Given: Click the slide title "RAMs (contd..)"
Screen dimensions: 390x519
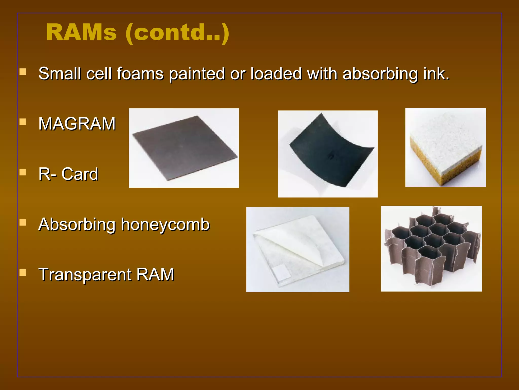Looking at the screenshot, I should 138,32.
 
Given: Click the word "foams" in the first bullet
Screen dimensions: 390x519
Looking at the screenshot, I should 140,74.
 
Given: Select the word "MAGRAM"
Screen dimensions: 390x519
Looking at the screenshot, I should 77,124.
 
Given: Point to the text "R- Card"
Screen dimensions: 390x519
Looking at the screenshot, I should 68,174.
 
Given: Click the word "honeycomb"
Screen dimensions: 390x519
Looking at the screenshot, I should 165,224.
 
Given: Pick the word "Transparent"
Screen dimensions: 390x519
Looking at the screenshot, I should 85,275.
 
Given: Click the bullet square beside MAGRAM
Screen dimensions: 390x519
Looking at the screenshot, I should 23,122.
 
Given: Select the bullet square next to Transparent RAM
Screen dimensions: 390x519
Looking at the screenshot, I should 23,273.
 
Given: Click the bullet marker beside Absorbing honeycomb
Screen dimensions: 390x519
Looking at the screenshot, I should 23,223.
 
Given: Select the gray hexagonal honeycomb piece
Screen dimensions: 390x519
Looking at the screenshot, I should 431,244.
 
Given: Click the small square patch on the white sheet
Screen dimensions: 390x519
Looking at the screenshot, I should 281,273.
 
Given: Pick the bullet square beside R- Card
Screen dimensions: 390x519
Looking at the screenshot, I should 23,172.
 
